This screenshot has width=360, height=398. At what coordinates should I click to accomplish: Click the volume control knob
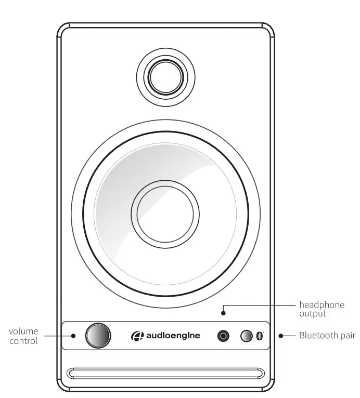[x=98, y=336]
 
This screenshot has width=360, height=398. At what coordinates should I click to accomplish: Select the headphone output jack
[x=224, y=336]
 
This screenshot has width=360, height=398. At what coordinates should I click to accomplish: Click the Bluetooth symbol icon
[x=261, y=336]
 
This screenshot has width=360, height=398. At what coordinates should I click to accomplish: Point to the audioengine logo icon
[x=137, y=336]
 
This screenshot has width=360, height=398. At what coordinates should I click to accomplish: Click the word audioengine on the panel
[x=173, y=336]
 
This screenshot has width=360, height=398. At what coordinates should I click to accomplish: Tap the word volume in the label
[x=23, y=331]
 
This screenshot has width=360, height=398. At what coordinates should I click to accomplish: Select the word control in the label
[x=23, y=341]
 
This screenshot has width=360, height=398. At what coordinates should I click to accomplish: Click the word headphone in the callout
[x=322, y=304]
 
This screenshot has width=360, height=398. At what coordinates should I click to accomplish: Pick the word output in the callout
[x=313, y=314]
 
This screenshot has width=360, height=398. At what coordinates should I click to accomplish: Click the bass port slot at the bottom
[x=165, y=374]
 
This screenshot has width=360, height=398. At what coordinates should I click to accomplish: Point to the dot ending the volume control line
[x=73, y=336]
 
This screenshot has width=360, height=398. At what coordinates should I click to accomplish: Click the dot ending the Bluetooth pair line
[x=280, y=336]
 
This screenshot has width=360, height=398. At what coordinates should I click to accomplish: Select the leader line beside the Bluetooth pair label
[x=289, y=336]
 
